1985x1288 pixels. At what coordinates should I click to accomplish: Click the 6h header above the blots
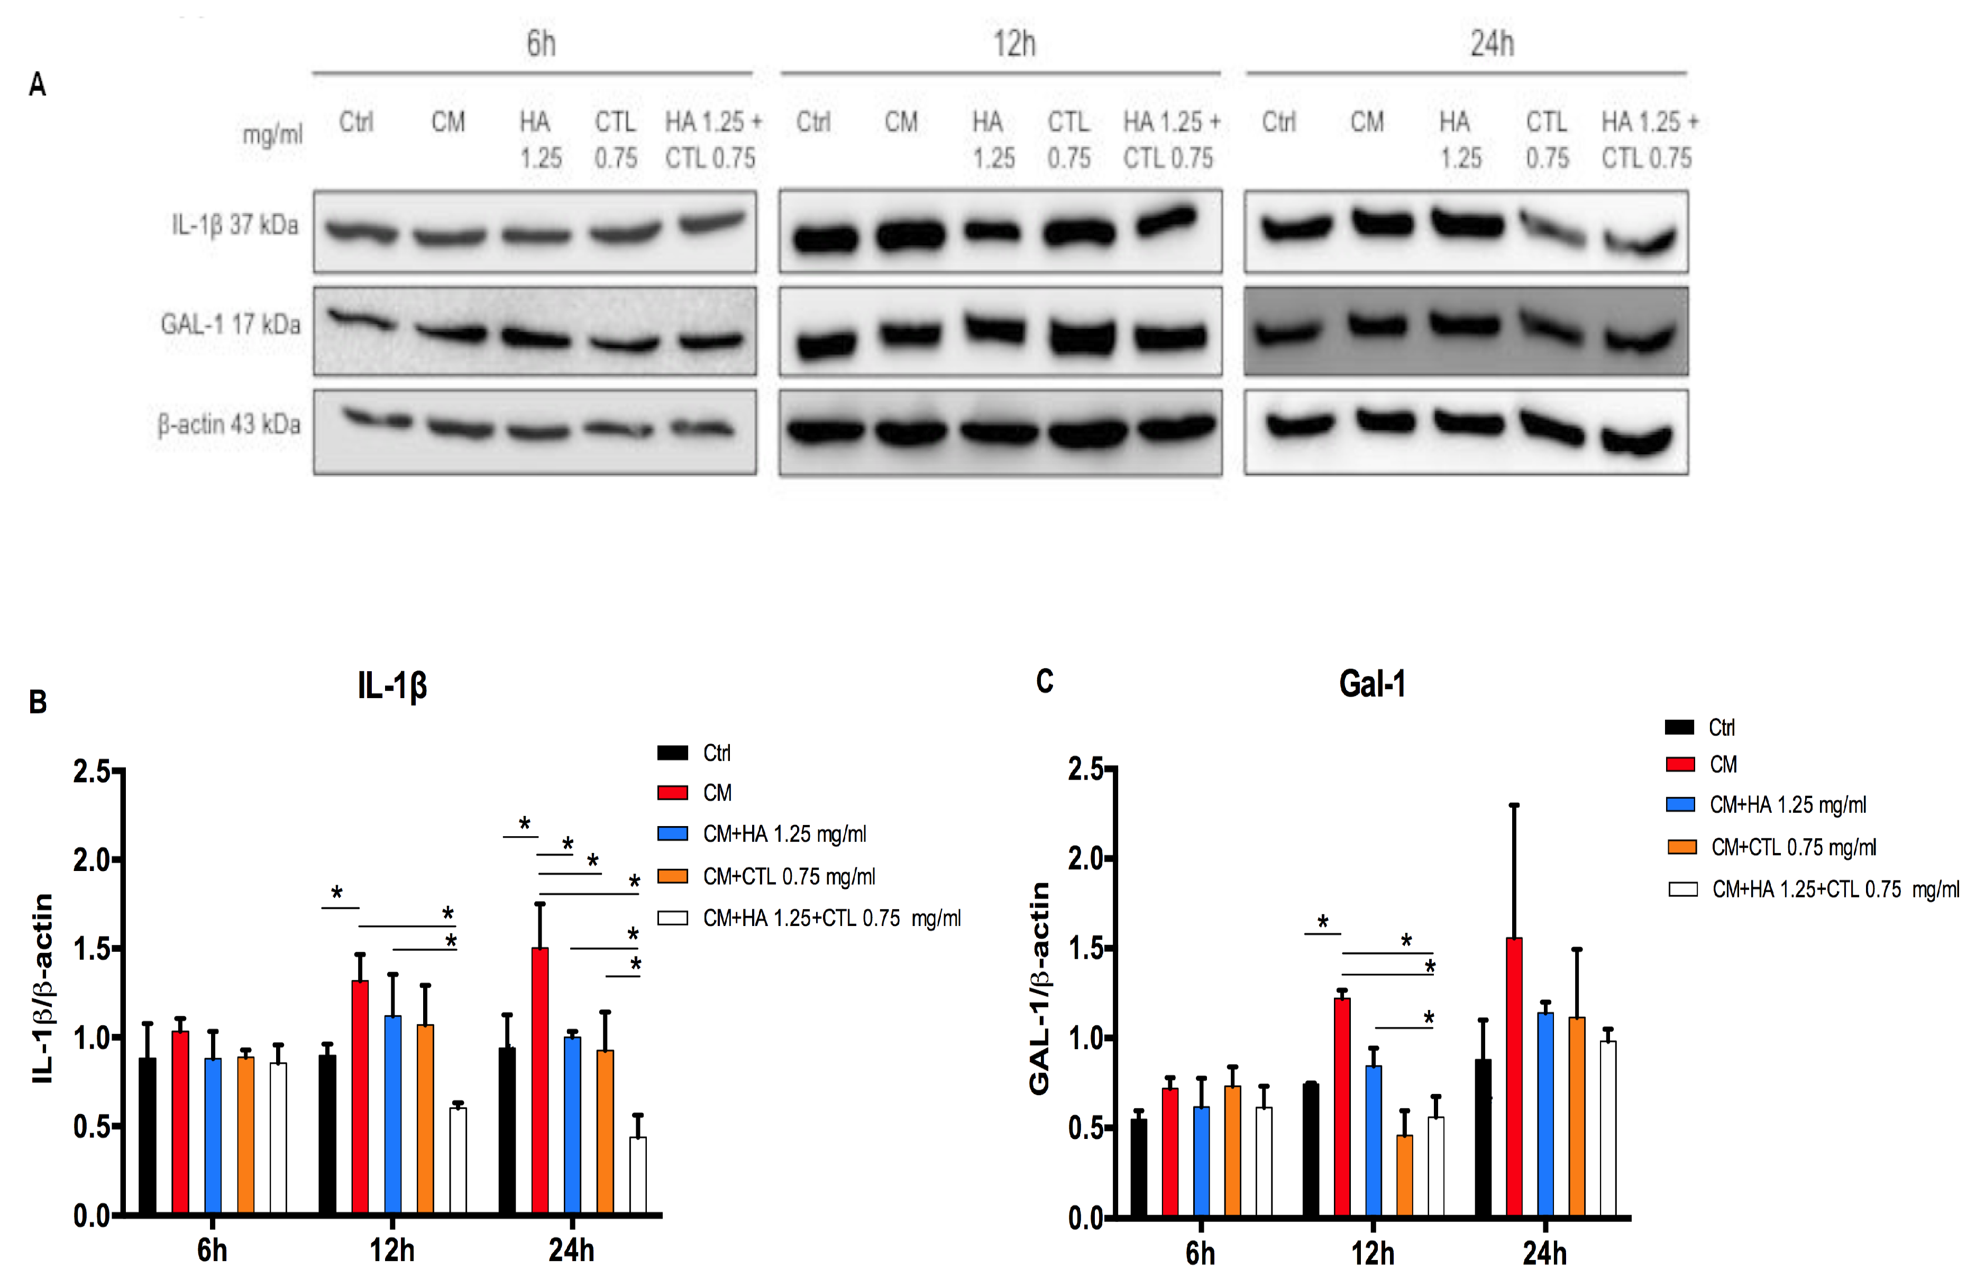[x=541, y=43]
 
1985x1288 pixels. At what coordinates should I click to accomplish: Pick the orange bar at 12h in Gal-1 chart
[x=1404, y=1175]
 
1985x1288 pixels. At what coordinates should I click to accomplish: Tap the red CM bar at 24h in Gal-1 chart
[x=1514, y=1076]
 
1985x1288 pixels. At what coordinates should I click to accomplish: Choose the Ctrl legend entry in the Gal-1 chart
[x=1702, y=727]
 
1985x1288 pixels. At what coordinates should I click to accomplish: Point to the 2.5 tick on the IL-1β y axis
[x=92, y=771]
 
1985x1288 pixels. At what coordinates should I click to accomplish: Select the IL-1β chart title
[x=392, y=685]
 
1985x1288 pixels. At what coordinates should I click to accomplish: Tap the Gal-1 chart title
[x=1372, y=683]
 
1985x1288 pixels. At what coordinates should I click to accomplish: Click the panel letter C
[x=1044, y=681]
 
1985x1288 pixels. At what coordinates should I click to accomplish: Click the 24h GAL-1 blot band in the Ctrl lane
[x=1288, y=333]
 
